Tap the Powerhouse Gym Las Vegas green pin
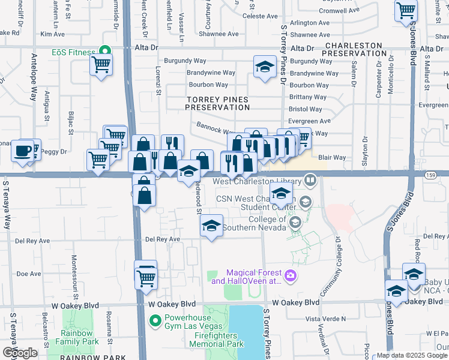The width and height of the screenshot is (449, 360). pyautogui.click(x=156, y=320)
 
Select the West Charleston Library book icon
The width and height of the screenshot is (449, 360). pyautogui.click(x=310, y=179)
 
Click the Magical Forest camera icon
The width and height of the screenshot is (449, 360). pyautogui.click(x=291, y=275)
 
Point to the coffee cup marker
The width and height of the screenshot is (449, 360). pyautogui.click(x=23, y=151)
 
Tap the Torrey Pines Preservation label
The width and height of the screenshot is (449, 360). pyautogui.click(x=217, y=103)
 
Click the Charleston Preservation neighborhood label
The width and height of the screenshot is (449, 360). pyautogui.click(x=352, y=49)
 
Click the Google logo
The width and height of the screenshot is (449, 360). pyautogui.click(x=20, y=353)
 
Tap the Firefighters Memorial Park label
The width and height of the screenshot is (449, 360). pyautogui.click(x=217, y=340)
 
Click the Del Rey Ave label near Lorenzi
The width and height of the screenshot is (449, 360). pyautogui.click(x=163, y=239)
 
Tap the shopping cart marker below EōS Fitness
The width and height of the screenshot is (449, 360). pyautogui.click(x=101, y=65)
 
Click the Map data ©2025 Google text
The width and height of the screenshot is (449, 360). pyautogui.click(x=412, y=355)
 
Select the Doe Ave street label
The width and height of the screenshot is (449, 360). pyautogui.click(x=28, y=274)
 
